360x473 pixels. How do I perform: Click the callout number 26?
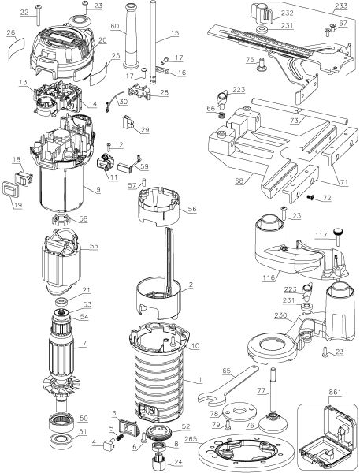click(x=9, y=33)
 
